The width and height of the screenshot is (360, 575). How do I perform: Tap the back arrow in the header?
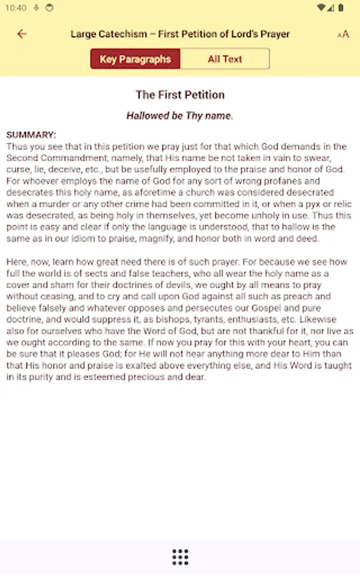point(22,34)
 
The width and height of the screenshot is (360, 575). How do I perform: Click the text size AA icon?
point(343,34)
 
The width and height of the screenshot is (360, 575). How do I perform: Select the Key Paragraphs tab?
point(135,59)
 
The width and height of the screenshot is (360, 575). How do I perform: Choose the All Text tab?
point(224,59)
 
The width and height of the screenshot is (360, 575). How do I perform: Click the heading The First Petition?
point(180,95)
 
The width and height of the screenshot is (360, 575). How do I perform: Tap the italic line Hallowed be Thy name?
point(180,116)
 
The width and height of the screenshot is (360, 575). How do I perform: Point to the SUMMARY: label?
point(31,135)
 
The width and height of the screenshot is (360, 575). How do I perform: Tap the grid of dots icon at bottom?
point(180,557)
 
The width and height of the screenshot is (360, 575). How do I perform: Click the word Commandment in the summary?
point(69,158)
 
